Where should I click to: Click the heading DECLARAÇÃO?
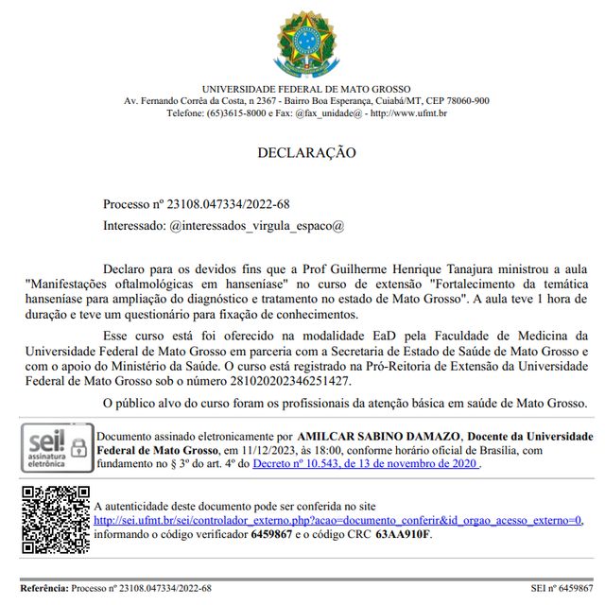click(306, 152)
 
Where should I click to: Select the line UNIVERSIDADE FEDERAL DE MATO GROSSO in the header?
click(306, 89)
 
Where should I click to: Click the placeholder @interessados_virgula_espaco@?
click(256, 226)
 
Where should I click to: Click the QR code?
click(56, 519)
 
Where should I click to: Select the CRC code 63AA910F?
click(403, 534)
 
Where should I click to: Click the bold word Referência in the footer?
click(43, 588)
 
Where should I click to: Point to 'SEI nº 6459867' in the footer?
click(562, 588)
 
